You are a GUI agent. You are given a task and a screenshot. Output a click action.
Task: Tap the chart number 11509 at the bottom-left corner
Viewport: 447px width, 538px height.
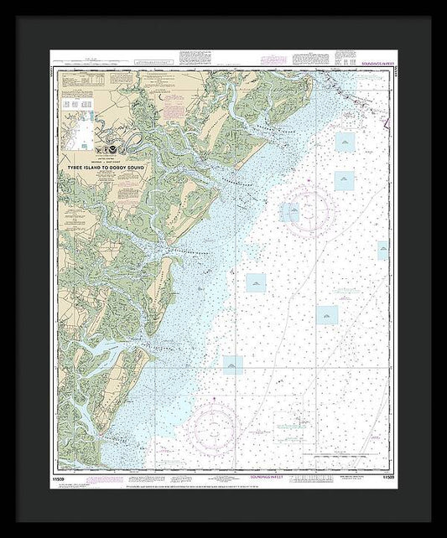click(x=56, y=477)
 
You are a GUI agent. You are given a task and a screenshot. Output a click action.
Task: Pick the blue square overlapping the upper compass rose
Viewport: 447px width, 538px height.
click(x=289, y=212)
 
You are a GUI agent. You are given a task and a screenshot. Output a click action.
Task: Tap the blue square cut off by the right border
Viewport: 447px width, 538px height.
click(x=382, y=249)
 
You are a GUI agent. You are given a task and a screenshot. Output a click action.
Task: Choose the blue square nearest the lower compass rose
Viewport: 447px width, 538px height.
click(x=232, y=364)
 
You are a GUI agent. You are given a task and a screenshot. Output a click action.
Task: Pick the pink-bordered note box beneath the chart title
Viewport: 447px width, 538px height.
click(x=127, y=192)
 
